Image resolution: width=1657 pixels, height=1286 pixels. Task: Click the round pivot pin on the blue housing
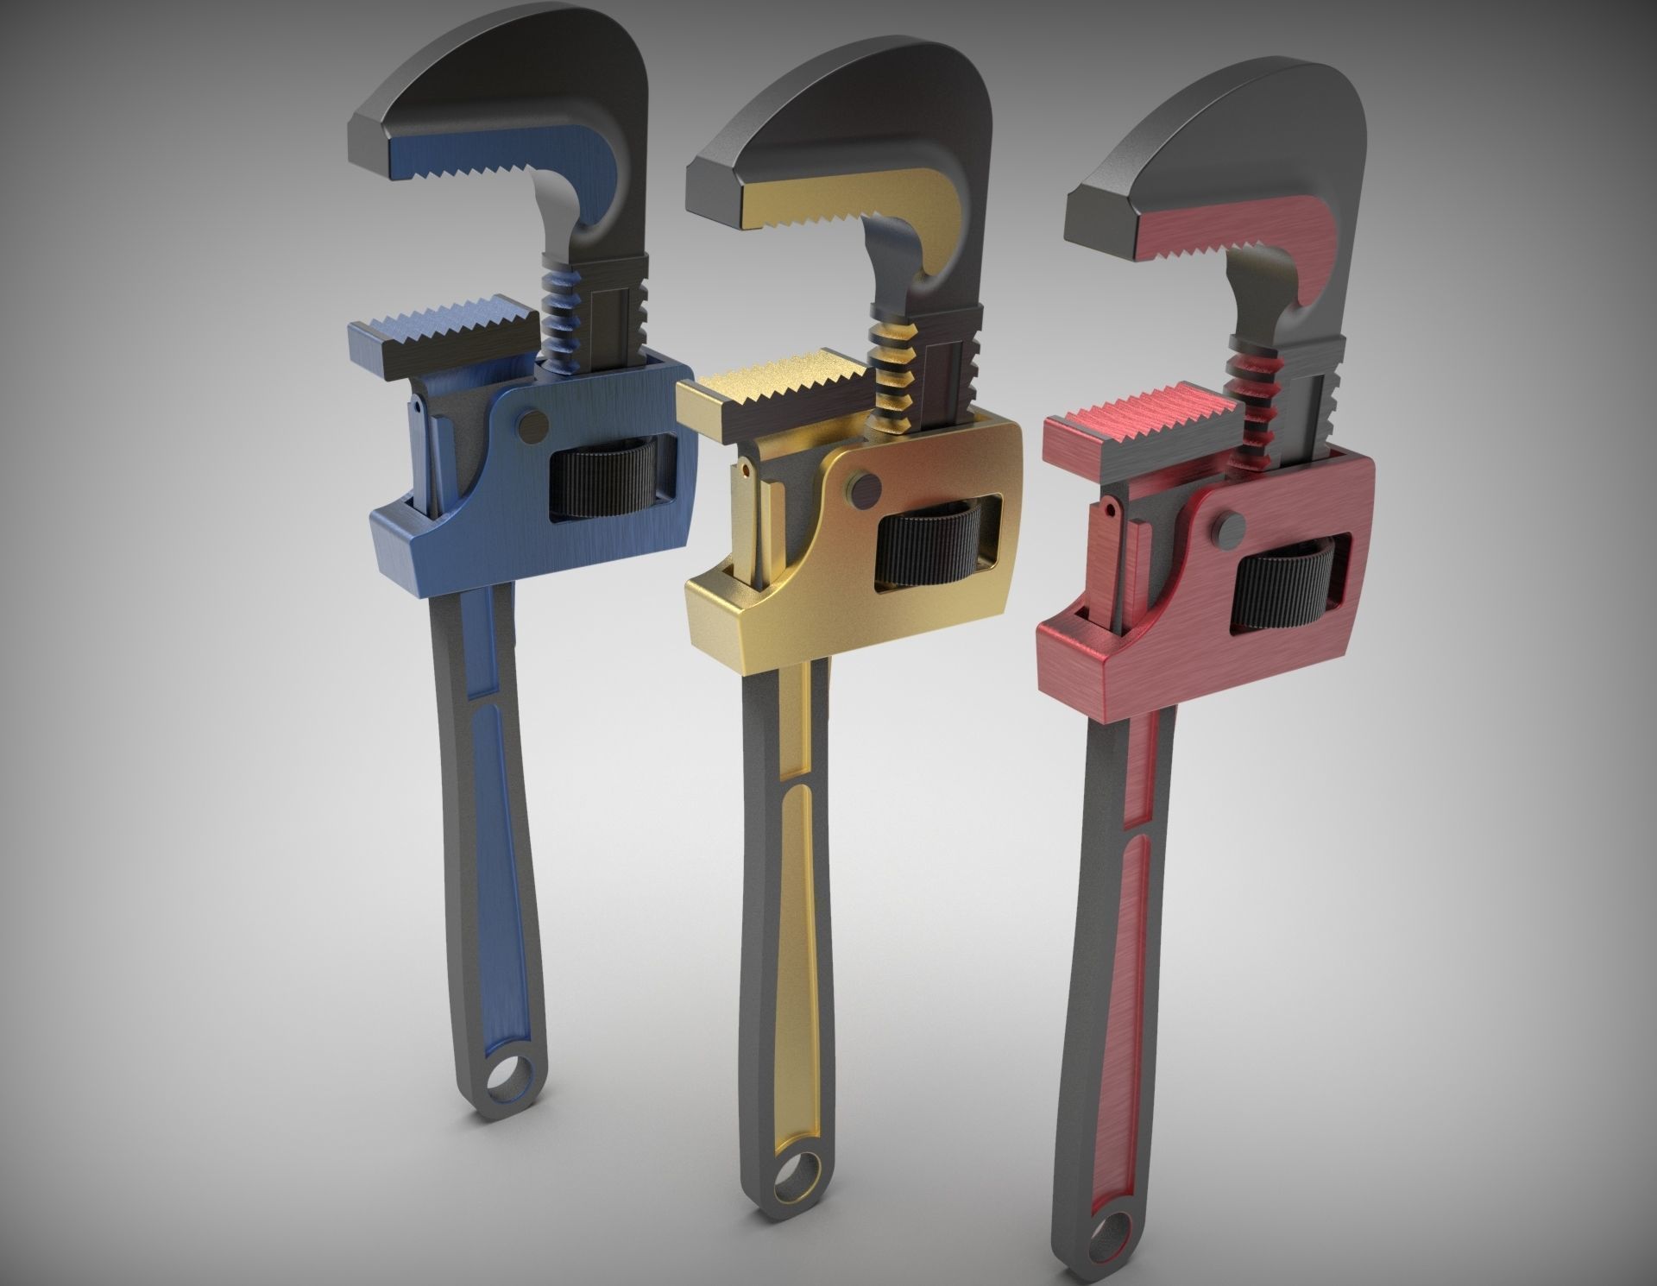click(535, 422)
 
